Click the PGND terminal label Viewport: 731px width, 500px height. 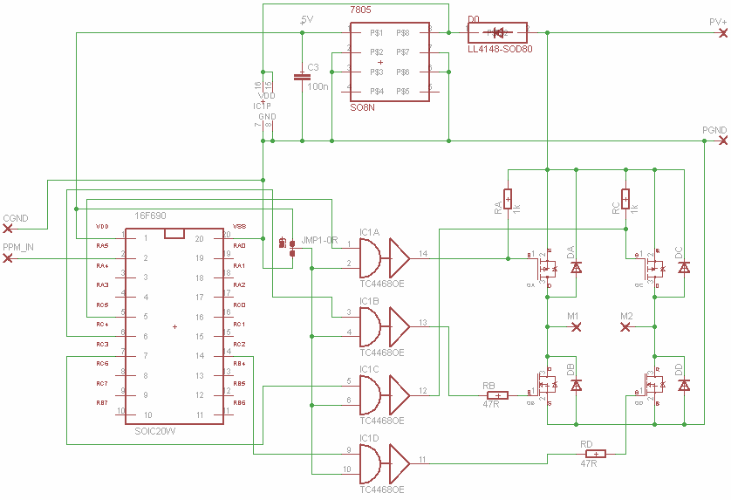pos(714,130)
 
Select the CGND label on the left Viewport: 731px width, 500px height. pos(16,217)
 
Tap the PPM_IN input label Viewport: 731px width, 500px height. pos(18,248)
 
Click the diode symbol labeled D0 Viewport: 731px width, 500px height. pos(499,33)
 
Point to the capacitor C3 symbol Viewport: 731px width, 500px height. pos(302,77)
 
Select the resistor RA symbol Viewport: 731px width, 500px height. pos(508,199)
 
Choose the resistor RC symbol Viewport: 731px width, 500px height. pos(625,199)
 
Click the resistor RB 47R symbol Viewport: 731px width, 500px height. pos(495,395)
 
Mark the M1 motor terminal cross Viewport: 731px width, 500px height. pos(576,326)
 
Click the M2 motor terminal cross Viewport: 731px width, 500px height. pos(625,326)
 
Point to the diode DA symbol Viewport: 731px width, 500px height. pos(576,267)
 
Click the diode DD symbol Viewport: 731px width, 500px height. pos(684,384)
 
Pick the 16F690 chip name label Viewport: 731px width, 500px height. pos(150,216)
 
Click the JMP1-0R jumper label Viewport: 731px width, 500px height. pos(318,240)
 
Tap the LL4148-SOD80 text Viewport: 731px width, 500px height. pos(499,50)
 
